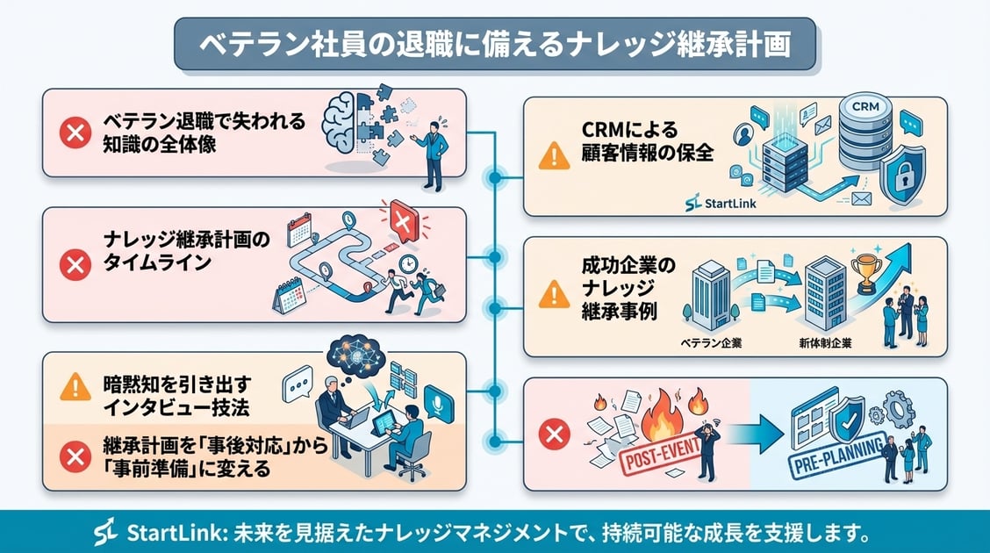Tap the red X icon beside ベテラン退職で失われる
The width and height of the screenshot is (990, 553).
75,133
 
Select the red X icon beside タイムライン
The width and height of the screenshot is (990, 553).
75,263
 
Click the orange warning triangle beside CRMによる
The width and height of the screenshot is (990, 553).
554,156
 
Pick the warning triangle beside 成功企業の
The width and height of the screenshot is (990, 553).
554,295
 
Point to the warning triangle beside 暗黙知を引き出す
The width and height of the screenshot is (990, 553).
75,386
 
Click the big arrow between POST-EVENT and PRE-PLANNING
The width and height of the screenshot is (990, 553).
752,429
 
